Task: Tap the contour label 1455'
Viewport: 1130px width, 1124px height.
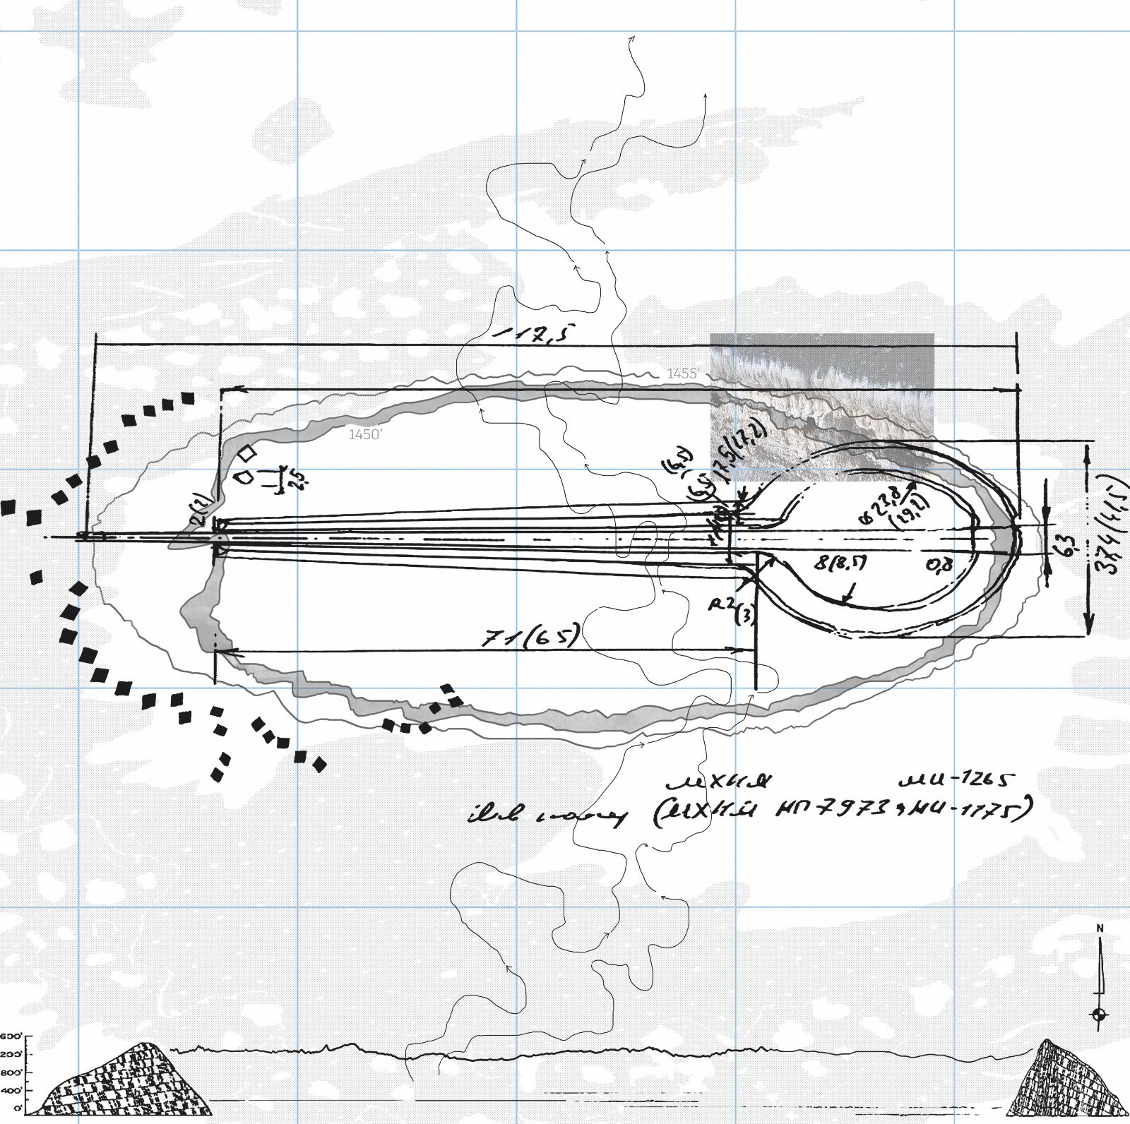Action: coord(683,373)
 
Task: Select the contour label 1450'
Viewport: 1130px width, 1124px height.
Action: coord(365,435)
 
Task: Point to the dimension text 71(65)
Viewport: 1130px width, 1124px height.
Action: coord(531,635)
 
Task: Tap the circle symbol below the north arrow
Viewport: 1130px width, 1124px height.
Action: coord(1099,1015)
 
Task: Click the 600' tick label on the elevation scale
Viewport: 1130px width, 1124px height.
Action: coord(11,1036)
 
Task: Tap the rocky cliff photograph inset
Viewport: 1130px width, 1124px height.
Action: coord(821,395)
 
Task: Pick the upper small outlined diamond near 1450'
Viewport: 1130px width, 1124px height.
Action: coord(247,453)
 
